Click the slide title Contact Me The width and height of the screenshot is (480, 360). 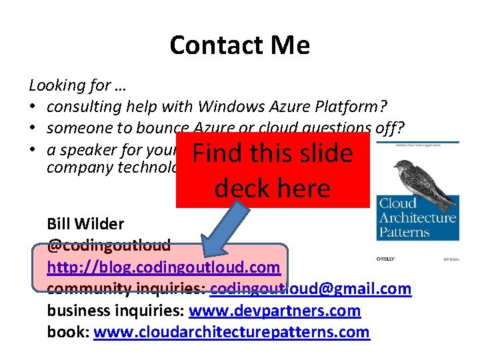tap(239, 45)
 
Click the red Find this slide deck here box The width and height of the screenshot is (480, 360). tap(272, 170)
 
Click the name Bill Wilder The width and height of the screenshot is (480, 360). tap(85, 224)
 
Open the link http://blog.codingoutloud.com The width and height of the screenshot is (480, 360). tap(163, 267)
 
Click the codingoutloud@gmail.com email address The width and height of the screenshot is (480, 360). tap(311, 289)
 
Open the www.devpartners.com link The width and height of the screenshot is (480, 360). tap(275, 310)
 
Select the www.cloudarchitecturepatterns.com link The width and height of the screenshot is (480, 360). tap(231, 331)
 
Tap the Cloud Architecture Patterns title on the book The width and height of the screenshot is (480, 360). tap(417, 217)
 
